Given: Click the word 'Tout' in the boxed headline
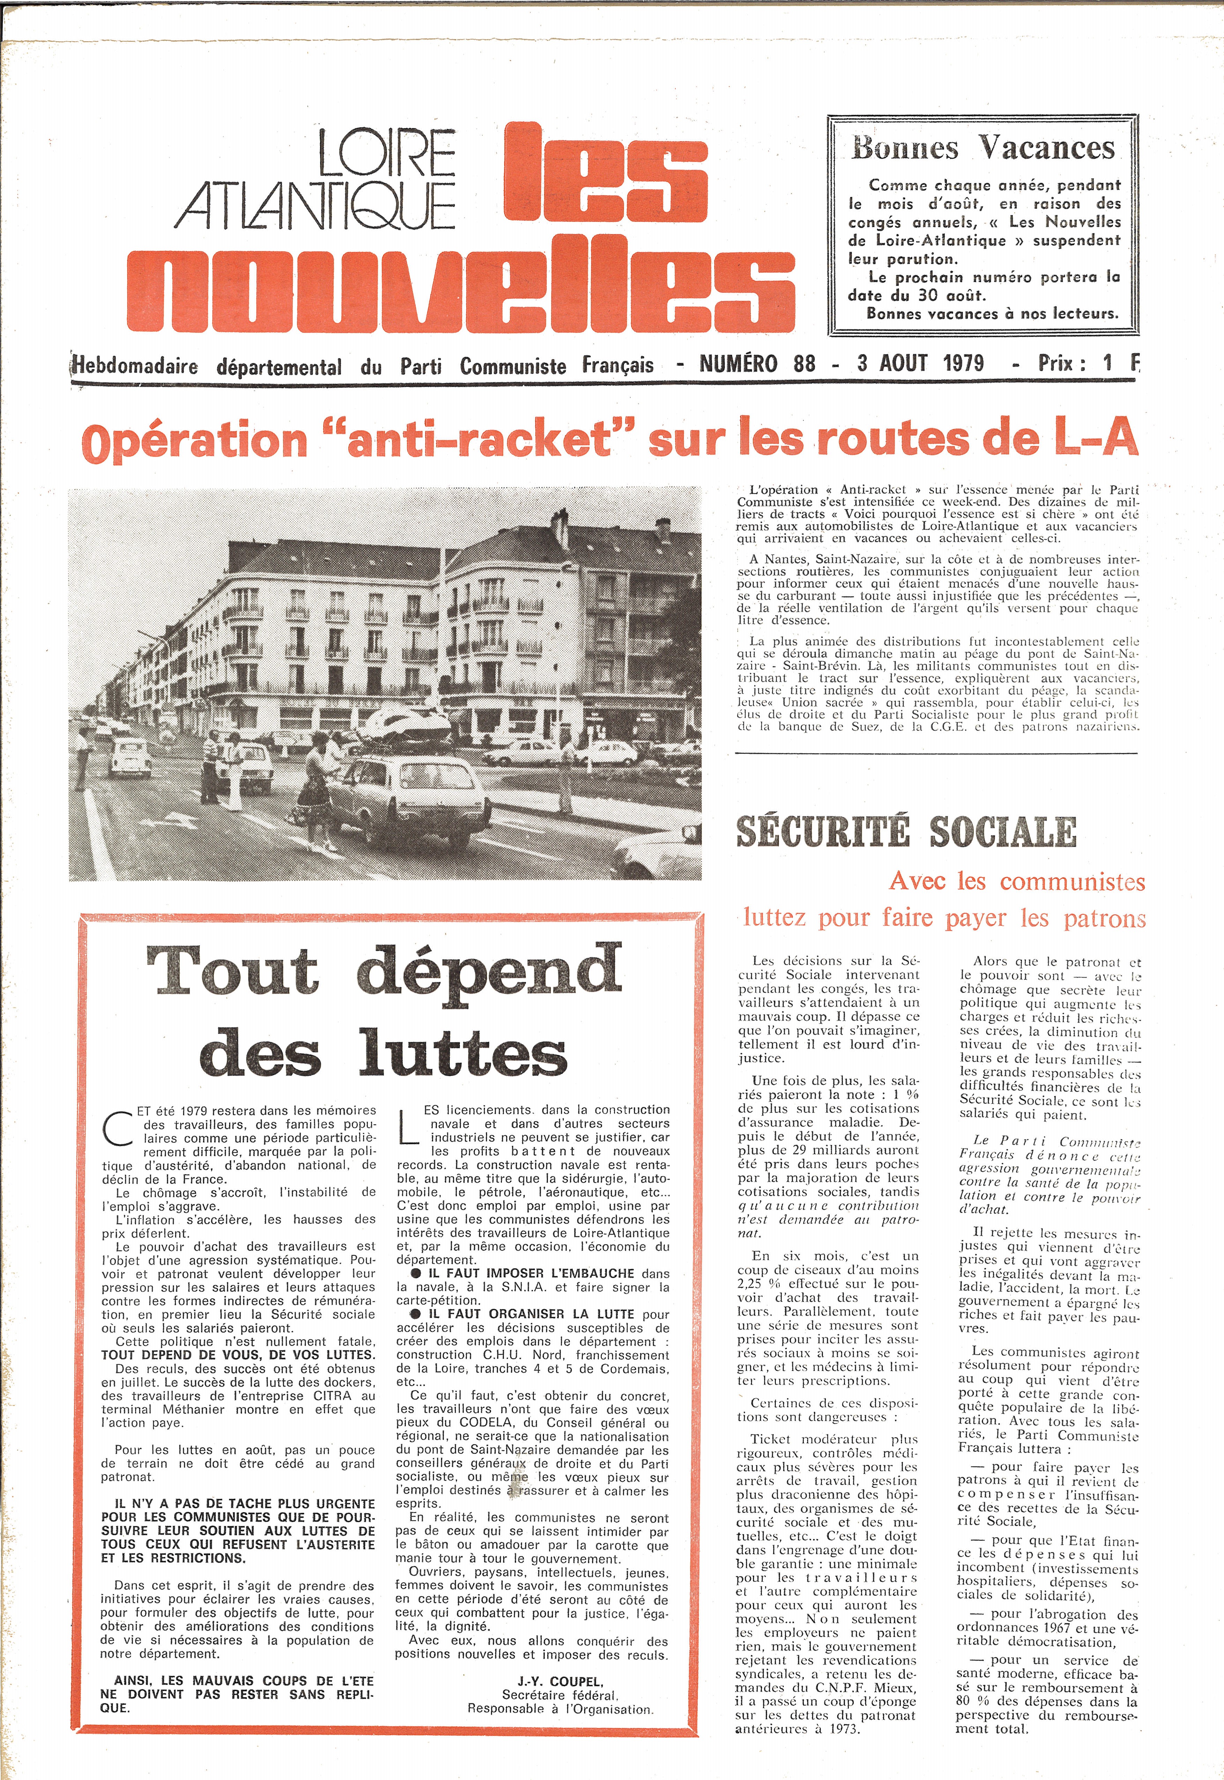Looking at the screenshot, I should [232, 971].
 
